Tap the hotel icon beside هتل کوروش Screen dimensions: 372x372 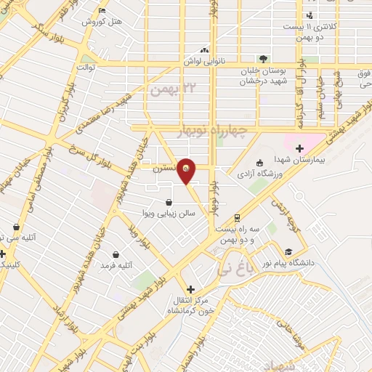coord(100,10)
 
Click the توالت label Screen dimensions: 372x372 coord(87,68)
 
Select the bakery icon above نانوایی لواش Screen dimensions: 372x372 coord(204,50)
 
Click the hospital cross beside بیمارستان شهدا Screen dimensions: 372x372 coord(299,148)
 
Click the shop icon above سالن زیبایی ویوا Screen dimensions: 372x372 coord(169,203)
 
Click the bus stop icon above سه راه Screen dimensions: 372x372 coord(238,218)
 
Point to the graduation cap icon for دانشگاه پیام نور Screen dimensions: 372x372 coord(289,252)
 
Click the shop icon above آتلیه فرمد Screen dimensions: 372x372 coord(116,254)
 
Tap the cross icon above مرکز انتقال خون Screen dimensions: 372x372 coord(190,289)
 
